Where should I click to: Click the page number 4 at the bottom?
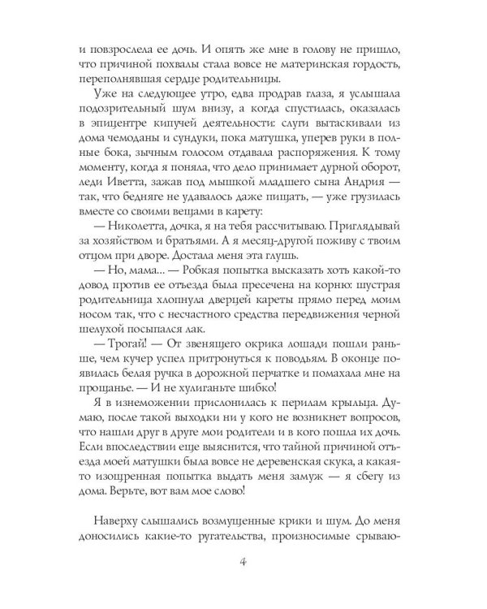tap(243, 562)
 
